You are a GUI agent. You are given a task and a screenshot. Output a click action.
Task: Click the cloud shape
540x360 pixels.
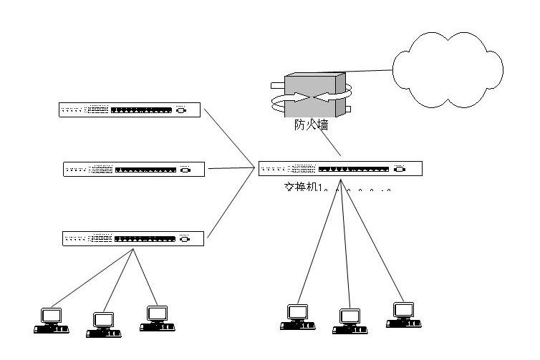446,69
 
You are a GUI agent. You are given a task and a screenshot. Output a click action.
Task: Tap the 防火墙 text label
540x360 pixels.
312,125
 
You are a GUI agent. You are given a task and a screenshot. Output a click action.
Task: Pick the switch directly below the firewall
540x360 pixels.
340,169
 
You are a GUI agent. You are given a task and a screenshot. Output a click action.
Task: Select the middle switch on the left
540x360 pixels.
134,170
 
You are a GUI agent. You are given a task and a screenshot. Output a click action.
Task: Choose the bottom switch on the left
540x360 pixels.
133,238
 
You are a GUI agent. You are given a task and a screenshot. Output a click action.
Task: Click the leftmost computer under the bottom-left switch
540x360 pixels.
51,319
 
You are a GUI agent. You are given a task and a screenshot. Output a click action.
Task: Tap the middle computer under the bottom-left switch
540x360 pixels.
102,323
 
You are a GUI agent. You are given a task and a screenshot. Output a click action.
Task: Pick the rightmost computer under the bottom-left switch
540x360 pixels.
156,318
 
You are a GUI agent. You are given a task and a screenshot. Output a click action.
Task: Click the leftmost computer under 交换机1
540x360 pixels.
296,316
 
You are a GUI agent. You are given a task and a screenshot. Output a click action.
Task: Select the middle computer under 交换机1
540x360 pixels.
349,321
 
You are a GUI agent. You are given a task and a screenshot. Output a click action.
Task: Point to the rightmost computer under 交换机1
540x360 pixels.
402,315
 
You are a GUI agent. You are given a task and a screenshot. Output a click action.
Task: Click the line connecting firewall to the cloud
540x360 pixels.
369,72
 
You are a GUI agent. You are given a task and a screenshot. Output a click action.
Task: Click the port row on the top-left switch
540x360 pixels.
143,110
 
